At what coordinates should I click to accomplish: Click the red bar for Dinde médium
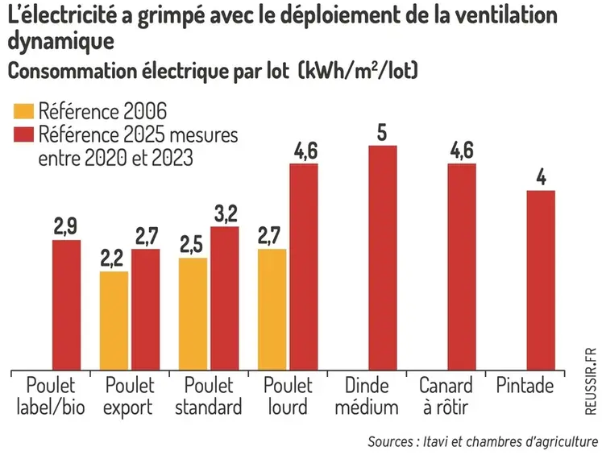point(383,258)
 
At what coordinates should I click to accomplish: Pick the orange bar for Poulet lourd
point(272,309)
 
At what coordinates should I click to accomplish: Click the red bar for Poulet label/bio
point(66,305)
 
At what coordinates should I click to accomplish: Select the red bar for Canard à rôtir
point(462,267)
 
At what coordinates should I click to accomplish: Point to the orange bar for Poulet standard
point(193,314)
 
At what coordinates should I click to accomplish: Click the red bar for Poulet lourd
point(303,267)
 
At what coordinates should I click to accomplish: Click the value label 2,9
point(66,226)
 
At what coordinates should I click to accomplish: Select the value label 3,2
point(225,213)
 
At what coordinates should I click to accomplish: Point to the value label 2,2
point(114,259)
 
